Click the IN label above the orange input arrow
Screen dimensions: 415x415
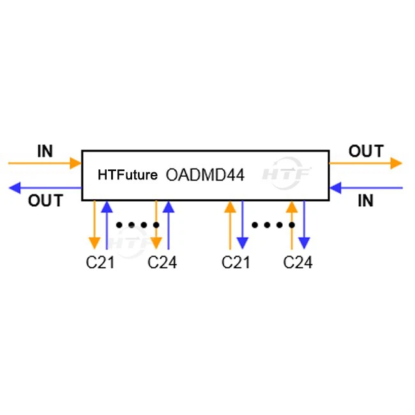pyautogui.click(x=45, y=151)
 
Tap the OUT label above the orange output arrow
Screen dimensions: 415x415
pyautogui.click(x=366, y=151)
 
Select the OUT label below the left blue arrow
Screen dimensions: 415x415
pyautogui.click(x=45, y=200)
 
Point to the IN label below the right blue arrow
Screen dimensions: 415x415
pyautogui.click(x=365, y=200)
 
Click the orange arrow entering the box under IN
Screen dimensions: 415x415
pyautogui.click(x=45, y=163)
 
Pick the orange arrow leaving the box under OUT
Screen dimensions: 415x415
pyautogui.click(x=366, y=163)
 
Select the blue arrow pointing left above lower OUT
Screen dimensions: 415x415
pyautogui.click(x=45, y=188)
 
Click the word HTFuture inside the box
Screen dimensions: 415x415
pyautogui.click(x=127, y=174)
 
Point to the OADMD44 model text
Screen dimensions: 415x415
pyautogui.click(x=205, y=174)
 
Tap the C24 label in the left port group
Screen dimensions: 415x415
pyautogui.click(x=162, y=262)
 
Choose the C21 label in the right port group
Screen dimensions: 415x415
pyautogui.click(x=236, y=262)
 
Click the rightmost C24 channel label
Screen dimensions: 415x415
pyautogui.click(x=298, y=262)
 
